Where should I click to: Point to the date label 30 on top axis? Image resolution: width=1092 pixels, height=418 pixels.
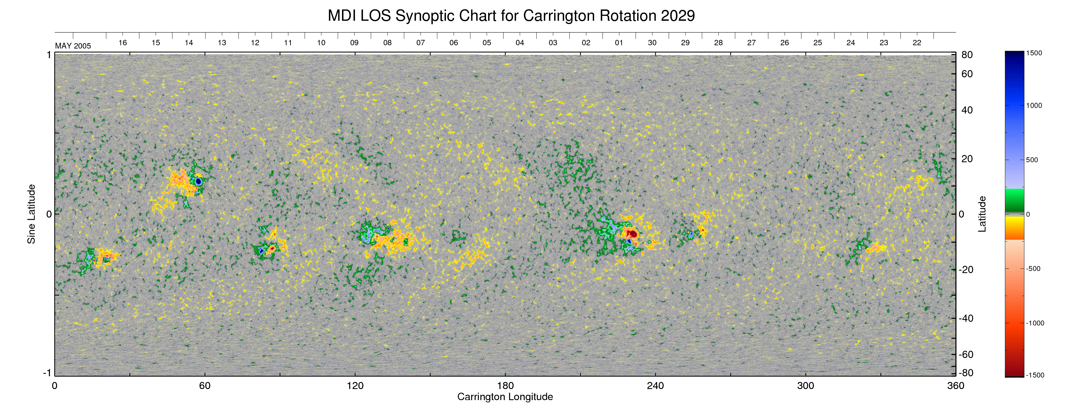pos(652,43)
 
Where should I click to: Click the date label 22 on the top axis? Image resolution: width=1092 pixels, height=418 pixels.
pos(916,43)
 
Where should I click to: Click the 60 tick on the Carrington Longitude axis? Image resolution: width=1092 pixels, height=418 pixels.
pos(205,386)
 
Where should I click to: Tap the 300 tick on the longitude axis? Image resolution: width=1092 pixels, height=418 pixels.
pos(805,386)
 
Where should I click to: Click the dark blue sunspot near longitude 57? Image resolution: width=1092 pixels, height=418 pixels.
pos(198,181)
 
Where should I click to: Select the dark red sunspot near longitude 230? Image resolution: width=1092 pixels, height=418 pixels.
pos(632,234)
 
